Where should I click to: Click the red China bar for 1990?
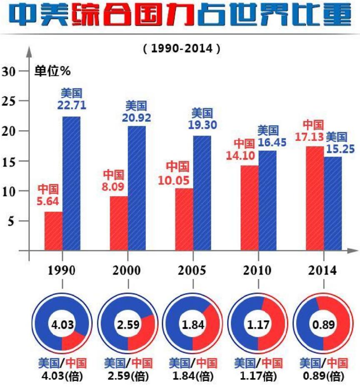(53, 231)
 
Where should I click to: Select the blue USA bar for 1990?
(71, 183)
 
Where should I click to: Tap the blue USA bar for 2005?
(202, 193)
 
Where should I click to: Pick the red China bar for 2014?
(315, 198)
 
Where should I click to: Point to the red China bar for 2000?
(119, 223)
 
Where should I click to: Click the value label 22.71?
(72, 106)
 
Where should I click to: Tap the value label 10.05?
(174, 180)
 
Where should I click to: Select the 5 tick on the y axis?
(12, 221)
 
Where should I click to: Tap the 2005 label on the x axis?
(192, 271)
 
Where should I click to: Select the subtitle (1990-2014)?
(181, 48)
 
